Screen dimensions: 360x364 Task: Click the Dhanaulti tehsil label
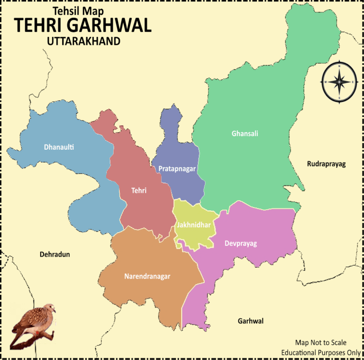click(59, 147)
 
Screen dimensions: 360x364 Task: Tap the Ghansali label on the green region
click(245, 134)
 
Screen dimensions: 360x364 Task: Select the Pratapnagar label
click(177, 168)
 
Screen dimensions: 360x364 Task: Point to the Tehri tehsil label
click(139, 190)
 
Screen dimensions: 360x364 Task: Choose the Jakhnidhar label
click(193, 225)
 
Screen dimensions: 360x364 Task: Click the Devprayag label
click(241, 243)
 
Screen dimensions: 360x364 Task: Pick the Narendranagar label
click(147, 276)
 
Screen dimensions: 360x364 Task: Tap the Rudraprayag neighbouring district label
click(327, 164)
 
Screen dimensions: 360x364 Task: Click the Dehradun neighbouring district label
click(55, 254)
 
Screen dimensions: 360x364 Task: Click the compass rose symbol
click(339, 82)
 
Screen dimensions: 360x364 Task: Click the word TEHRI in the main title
click(38, 26)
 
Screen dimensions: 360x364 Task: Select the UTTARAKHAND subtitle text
click(83, 42)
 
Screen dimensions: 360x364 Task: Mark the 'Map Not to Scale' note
click(320, 342)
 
